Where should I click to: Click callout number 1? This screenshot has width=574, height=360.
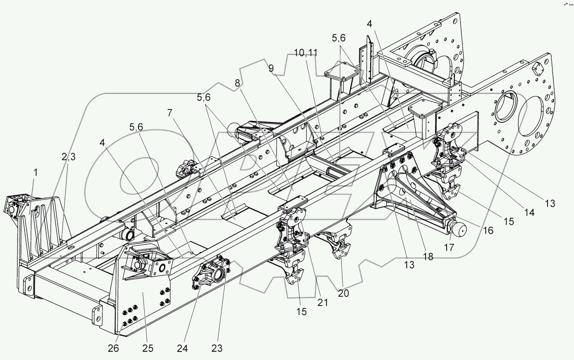pyautogui.click(x=35, y=172)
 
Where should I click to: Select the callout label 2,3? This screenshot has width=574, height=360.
pyautogui.click(x=69, y=157)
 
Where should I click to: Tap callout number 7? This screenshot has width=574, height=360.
pyautogui.click(x=169, y=113)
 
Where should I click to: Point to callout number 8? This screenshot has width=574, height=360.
pyautogui.click(x=238, y=83)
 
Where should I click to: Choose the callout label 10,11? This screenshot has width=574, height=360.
pyautogui.click(x=305, y=53)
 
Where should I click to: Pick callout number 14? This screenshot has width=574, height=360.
pyautogui.click(x=529, y=212)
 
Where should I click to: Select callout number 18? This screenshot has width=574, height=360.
pyautogui.click(x=428, y=256)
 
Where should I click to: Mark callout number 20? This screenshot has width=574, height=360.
pyautogui.click(x=344, y=293)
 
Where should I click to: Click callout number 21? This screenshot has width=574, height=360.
pyautogui.click(x=323, y=302)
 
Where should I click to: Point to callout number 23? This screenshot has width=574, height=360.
pyautogui.click(x=217, y=348)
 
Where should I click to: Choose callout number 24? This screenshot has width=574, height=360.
pyautogui.click(x=185, y=348)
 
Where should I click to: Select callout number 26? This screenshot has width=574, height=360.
pyautogui.click(x=113, y=348)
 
